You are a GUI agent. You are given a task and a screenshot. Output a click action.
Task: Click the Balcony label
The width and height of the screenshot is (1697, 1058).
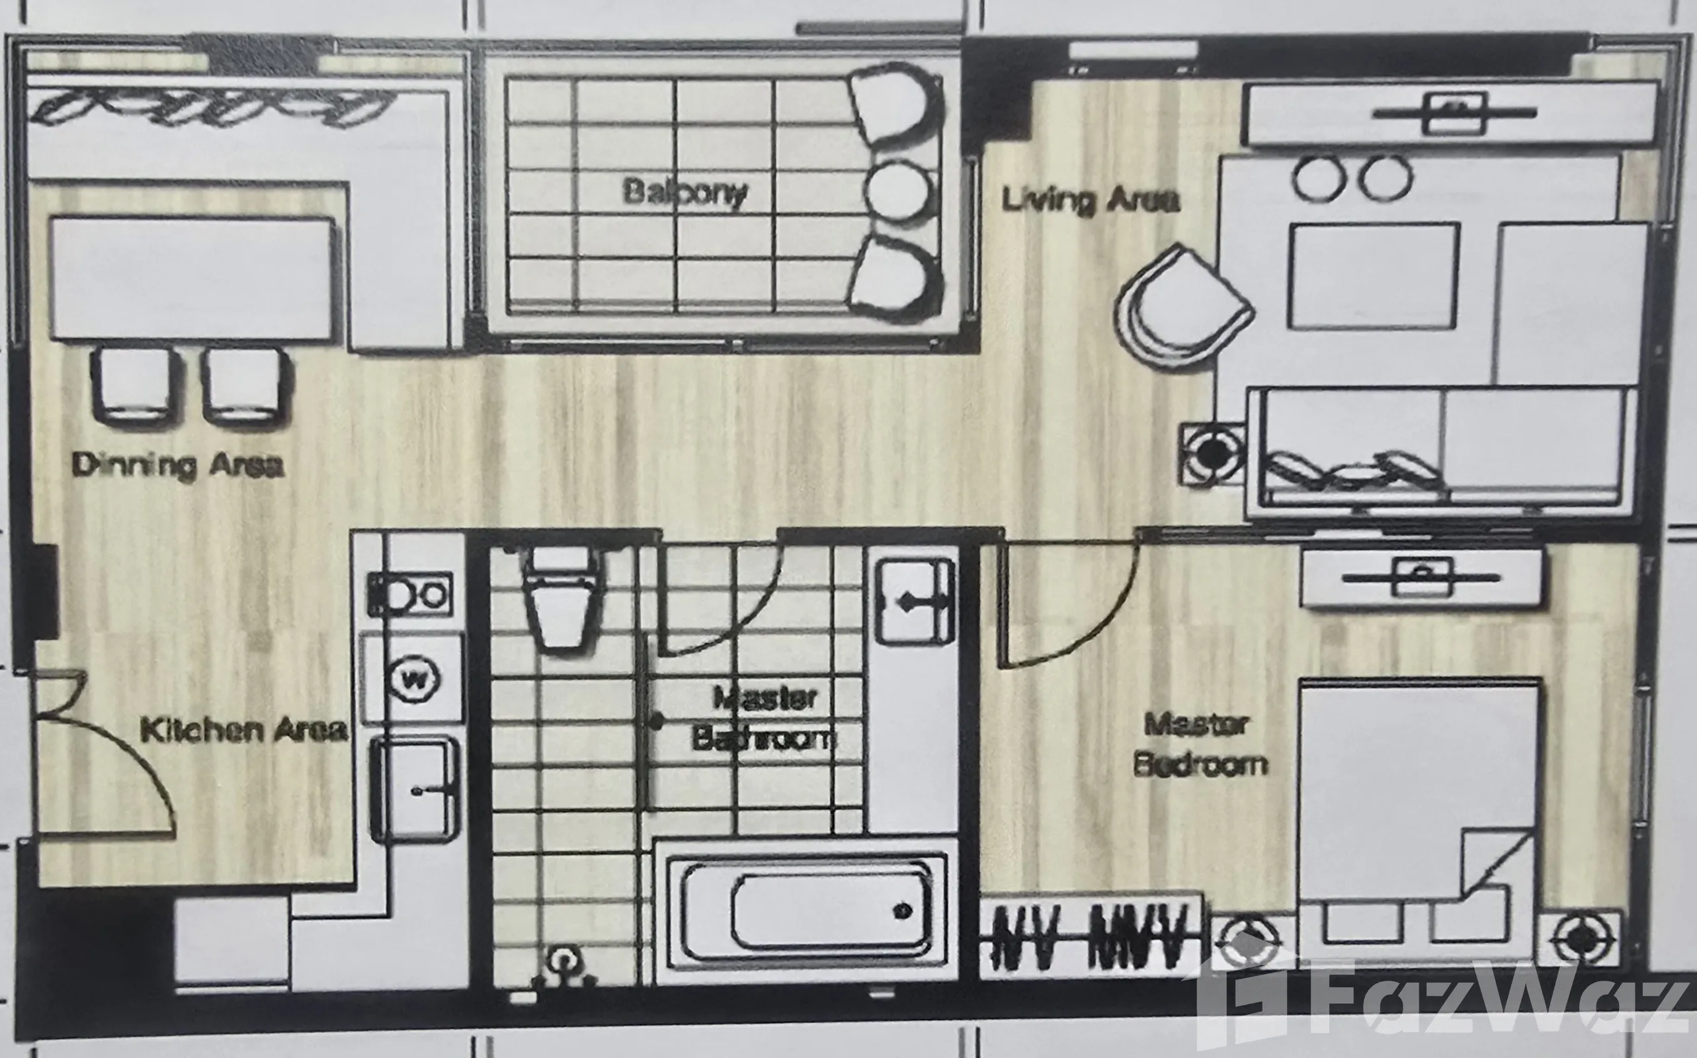point(685,192)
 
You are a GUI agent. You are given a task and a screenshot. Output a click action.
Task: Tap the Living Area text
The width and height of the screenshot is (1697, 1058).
point(1091,200)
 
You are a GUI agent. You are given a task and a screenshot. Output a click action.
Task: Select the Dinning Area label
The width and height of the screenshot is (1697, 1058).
point(178,466)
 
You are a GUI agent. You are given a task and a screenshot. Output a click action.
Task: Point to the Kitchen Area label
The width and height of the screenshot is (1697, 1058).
point(243,730)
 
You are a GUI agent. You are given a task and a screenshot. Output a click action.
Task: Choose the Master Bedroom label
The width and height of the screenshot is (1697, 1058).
point(1200,744)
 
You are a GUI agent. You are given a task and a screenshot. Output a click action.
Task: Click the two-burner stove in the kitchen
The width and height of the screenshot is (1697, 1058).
point(410,594)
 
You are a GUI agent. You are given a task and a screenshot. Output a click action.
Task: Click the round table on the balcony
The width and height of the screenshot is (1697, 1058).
point(898,190)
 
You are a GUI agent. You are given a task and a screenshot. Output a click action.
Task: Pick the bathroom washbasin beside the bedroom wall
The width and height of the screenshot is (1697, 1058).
point(915,602)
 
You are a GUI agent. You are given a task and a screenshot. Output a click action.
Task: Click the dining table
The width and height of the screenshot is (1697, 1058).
point(191,278)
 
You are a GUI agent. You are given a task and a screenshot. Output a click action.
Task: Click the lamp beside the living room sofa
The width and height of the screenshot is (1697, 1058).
point(1213,454)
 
